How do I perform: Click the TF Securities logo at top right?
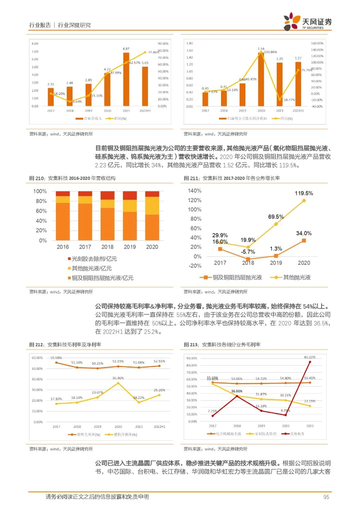coord(307,22)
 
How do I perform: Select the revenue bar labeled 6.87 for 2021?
coord(126,79)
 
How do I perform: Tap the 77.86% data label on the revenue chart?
coord(153,52)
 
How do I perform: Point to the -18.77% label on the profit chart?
coord(289,100)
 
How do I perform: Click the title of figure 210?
coord(72,178)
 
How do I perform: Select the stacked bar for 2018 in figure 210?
coord(107,216)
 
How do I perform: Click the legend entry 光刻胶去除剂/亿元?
coord(92,259)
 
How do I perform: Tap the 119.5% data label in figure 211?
coord(304,193)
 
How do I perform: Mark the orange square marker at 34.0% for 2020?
coord(304,241)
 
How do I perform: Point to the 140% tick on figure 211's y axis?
coord(195,191)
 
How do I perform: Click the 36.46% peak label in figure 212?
coord(118,378)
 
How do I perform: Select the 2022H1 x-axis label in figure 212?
coord(159,427)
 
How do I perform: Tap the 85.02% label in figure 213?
coord(310,357)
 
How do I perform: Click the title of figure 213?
coord(222,345)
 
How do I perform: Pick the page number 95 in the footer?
coord(326,497)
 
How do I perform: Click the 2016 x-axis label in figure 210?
coord(63,247)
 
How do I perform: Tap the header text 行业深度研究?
coord(74,25)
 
